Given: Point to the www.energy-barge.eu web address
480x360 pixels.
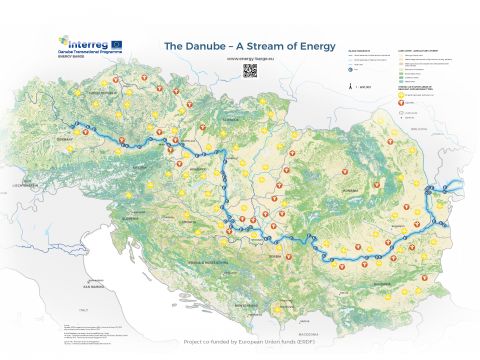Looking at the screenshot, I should [x=236, y=59].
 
